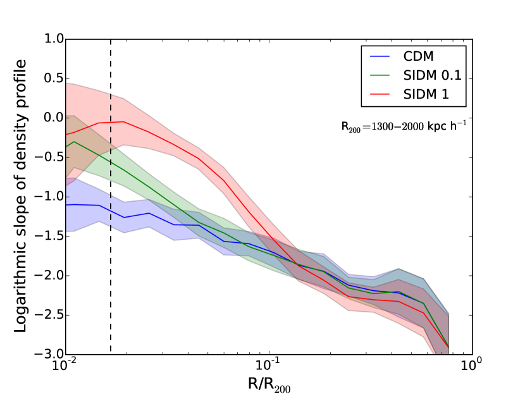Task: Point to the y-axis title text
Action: click(20, 196)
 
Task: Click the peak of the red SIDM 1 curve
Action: click(123, 121)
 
